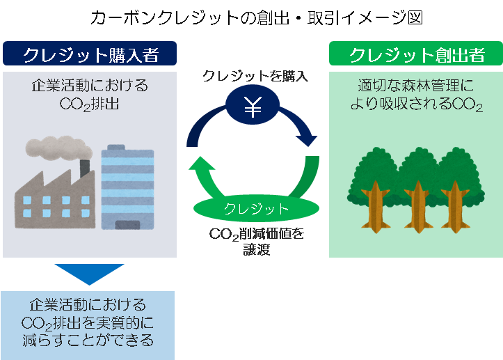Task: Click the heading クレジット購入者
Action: point(89,54)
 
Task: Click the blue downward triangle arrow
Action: point(88,274)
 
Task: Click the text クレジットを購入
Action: point(255,76)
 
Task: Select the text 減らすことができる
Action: point(88,341)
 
